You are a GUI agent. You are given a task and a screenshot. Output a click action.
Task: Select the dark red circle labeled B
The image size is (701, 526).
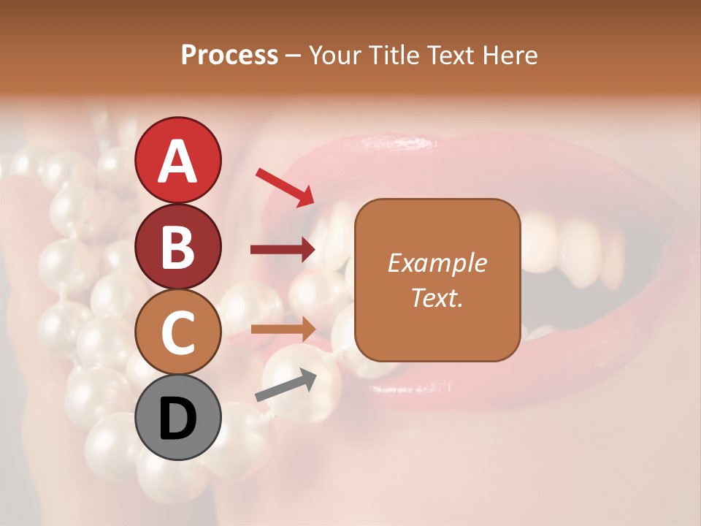177,246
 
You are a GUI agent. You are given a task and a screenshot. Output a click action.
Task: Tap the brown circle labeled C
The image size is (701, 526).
177,332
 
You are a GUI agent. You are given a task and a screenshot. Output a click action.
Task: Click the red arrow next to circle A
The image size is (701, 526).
285,186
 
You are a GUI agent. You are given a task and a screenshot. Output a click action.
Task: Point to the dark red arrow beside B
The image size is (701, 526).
283,250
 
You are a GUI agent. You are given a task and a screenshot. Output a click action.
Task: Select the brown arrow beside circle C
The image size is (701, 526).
283,329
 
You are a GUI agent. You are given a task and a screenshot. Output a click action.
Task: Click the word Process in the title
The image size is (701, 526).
229,56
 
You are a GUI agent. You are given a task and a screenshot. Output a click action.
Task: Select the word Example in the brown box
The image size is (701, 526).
437,263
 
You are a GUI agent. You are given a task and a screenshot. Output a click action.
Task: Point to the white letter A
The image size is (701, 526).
177,161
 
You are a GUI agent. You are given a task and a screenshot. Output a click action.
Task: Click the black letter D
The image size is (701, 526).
177,419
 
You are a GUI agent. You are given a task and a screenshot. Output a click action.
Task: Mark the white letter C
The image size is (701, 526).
177,332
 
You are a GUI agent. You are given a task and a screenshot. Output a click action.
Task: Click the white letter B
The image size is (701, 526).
177,247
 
